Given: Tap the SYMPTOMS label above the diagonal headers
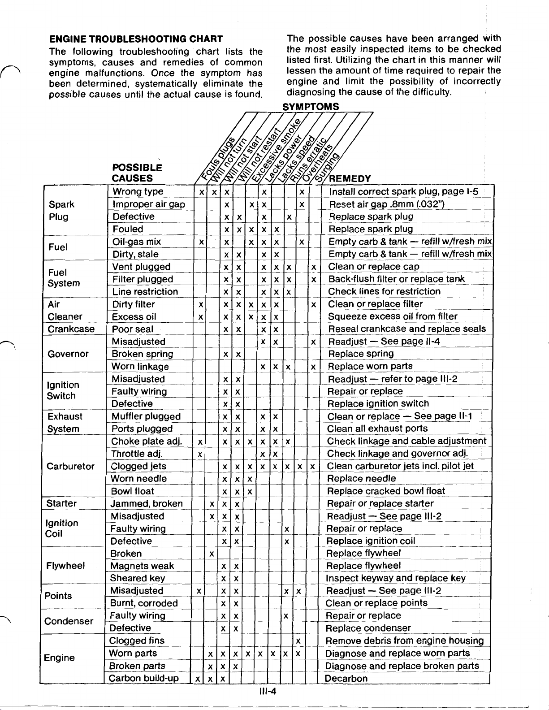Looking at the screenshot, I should [311, 107].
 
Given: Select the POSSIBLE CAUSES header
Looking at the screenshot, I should [137, 173].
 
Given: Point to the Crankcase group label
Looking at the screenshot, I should [71, 329].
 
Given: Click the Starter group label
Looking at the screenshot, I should [62, 503].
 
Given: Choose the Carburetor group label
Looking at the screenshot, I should [70, 466].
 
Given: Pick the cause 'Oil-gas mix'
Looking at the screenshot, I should [136, 242].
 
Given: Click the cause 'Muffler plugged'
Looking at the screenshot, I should [146, 416].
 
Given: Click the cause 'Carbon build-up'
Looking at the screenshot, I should [143, 678].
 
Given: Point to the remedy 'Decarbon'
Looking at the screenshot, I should [346, 678].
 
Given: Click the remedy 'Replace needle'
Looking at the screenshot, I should [362, 479].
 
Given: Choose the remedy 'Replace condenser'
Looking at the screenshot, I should [368, 628].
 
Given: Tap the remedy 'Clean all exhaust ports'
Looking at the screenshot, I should [378, 429].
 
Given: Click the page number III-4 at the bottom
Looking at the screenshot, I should [268, 691].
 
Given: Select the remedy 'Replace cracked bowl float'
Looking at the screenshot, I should [386, 491].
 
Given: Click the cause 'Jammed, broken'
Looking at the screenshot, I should [147, 503].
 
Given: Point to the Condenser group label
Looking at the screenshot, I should [69, 621].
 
